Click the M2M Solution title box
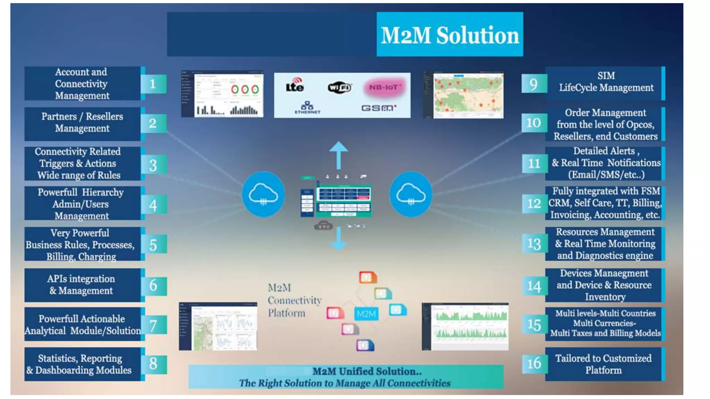coord(450,34)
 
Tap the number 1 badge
coord(153,84)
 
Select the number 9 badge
coord(534,84)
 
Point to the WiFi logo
coord(339,87)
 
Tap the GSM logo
coord(379,108)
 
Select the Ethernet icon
coord(307,107)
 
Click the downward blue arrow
coord(338,239)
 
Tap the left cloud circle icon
coord(263,194)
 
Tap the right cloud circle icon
coord(411,194)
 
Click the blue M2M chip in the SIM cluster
coord(366,314)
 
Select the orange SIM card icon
coord(367,277)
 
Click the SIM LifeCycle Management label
coord(605,82)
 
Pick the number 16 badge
coord(534,363)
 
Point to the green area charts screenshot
coord(466,326)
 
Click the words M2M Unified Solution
coord(367,371)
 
